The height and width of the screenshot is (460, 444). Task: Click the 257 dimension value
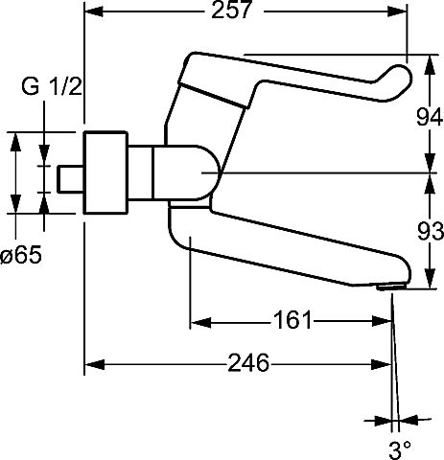pos(232,10)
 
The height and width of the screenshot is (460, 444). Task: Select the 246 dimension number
pos(248,363)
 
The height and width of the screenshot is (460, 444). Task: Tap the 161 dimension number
pos(292,320)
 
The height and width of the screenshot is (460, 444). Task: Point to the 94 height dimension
pos(430,117)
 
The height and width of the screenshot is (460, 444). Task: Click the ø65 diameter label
pos(21,255)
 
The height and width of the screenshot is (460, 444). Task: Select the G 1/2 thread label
pos(52,86)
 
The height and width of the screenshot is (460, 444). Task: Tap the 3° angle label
pos(400,449)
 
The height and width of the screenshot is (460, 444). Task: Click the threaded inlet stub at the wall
pos(70,179)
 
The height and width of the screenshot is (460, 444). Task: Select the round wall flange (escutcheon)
pos(105,172)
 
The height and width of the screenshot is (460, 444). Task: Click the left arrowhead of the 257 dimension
pos(93,11)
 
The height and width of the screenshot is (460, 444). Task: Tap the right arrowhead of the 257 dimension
pos(397,11)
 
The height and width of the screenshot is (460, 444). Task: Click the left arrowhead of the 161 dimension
pos(200,322)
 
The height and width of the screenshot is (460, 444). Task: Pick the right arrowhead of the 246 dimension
pos(382,364)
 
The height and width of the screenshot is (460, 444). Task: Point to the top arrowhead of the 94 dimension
pos(431,65)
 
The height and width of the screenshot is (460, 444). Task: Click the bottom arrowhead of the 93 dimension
pos(431,279)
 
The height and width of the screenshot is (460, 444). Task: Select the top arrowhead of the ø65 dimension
pos(15,142)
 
